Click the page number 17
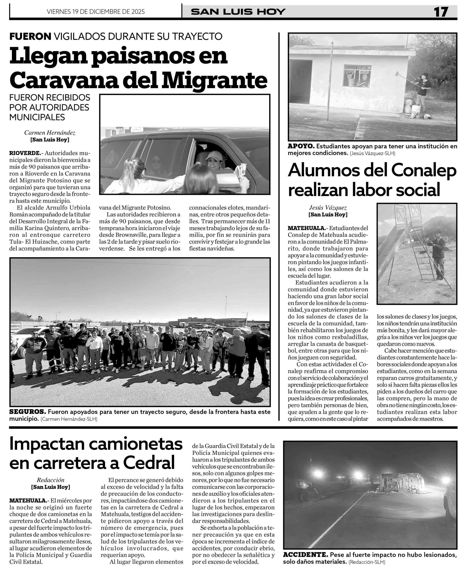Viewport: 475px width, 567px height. tap(441, 12)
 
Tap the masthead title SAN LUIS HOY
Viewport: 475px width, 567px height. tap(238, 12)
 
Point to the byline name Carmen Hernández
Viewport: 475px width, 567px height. tap(50, 133)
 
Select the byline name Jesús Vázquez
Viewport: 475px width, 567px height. tap(328, 208)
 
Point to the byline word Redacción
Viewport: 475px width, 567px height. tap(51, 480)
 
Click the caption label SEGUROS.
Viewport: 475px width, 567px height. tap(27, 412)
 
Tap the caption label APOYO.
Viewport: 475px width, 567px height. tap(301, 146)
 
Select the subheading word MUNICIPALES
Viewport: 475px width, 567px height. tap(37, 117)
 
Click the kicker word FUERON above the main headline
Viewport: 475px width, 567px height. tap(30, 36)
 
